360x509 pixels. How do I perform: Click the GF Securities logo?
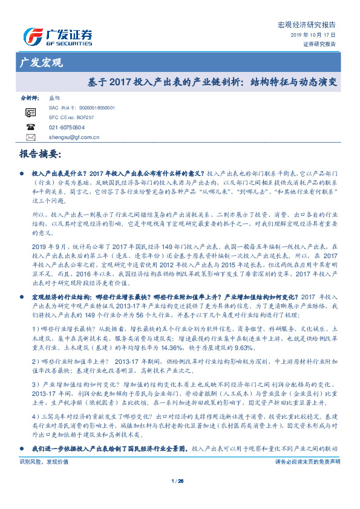pos(57,36)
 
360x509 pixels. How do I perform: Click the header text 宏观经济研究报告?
pos(306,25)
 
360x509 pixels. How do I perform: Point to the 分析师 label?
pos(30,97)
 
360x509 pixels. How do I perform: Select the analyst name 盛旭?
pos(54,97)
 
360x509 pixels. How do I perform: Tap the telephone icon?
pos(31,127)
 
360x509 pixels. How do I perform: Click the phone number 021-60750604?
pos(67,127)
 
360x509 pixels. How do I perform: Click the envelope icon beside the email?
pos(31,137)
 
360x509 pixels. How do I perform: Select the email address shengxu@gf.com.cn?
pos(74,137)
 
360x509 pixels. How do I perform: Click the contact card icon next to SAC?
pos(31,112)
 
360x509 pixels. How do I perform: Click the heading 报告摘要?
pos(41,155)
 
